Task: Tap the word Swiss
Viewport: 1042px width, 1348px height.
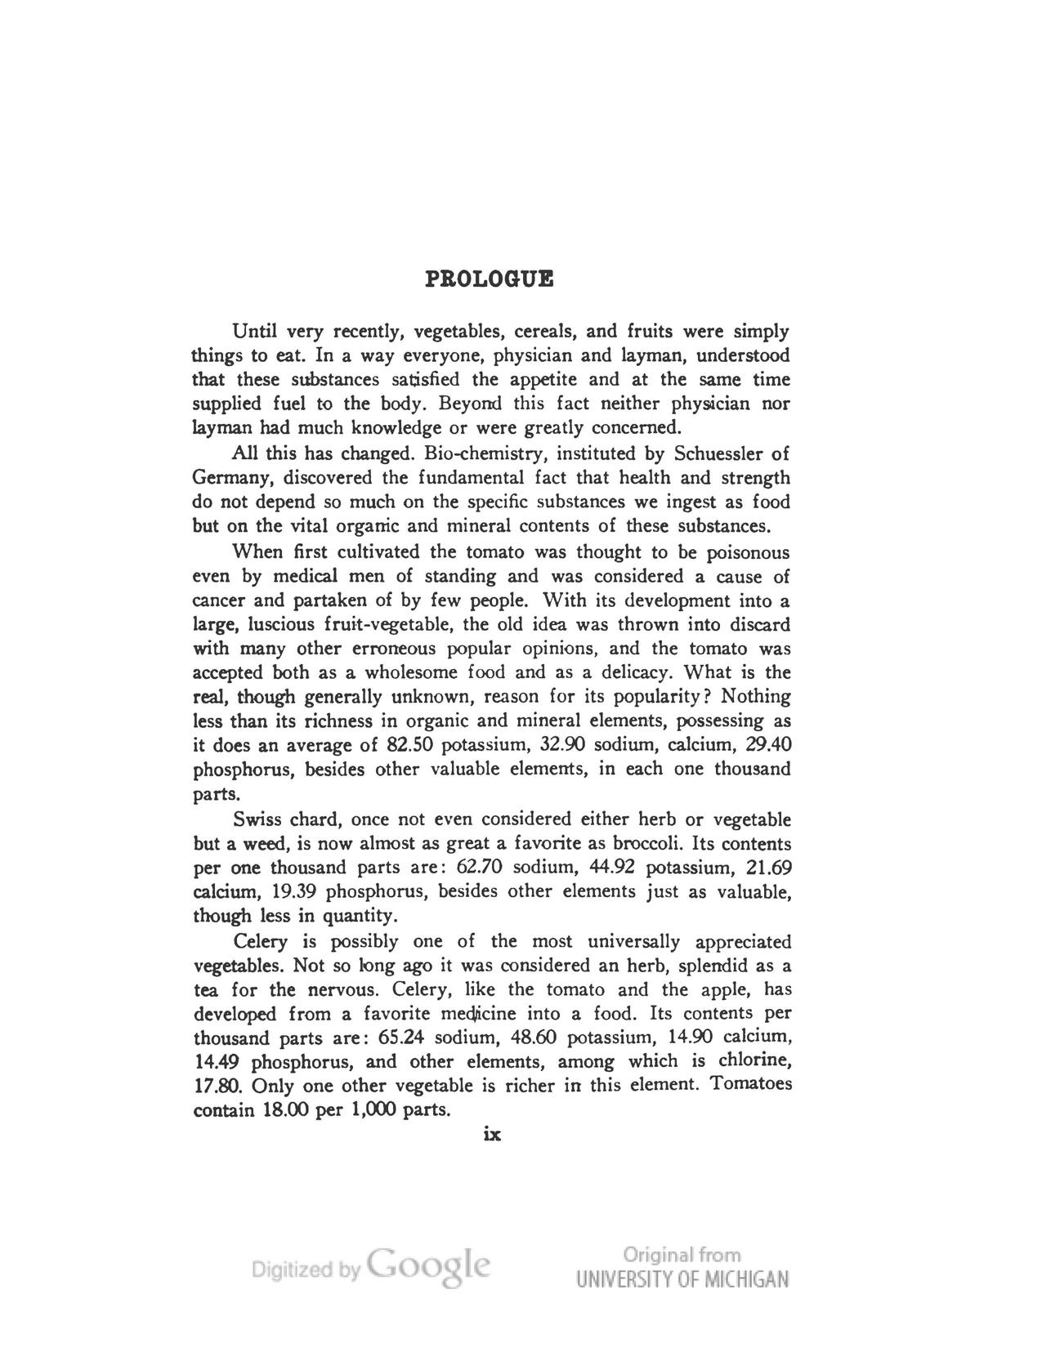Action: [257, 819]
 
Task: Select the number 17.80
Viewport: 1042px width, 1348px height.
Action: [217, 1087]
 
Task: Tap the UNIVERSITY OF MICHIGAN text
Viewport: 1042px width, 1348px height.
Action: [682, 1279]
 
